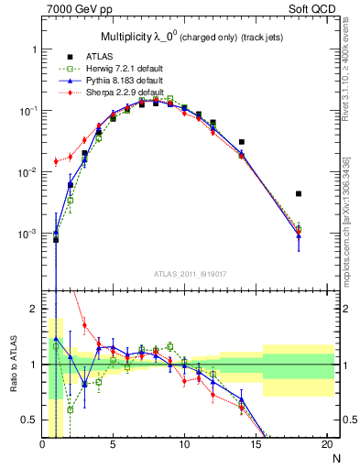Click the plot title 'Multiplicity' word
coord(125,37)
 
